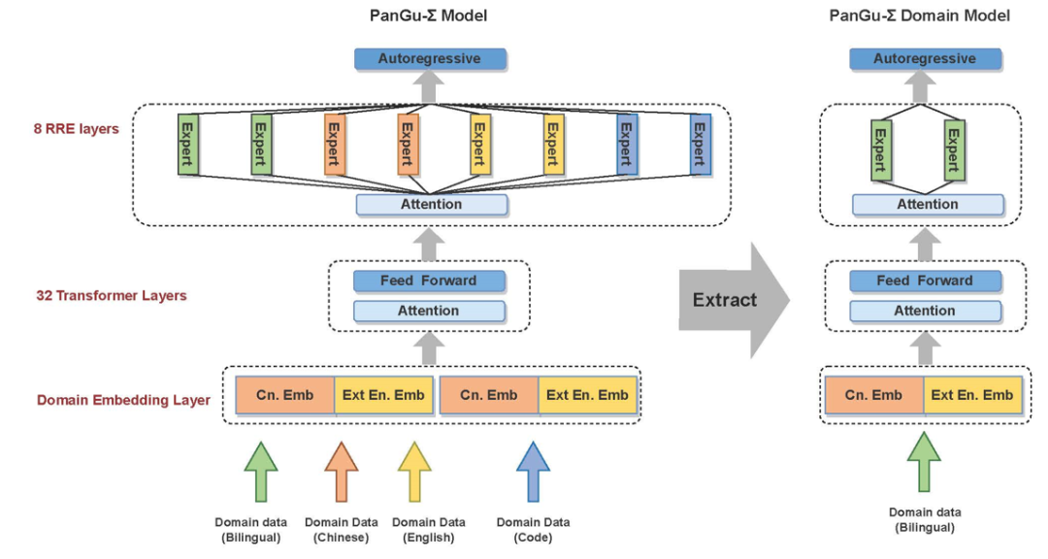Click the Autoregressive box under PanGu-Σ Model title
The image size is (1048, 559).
[429, 59]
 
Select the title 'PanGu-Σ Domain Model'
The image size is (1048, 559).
[919, 16]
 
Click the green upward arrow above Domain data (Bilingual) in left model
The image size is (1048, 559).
[260, 470]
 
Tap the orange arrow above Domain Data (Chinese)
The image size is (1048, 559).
[342, 470]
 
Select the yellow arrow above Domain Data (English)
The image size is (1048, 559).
[415, 470]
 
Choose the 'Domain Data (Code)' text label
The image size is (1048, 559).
[533, 530]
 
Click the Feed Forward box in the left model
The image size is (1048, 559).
[429, 281]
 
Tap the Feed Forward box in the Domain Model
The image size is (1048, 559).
[925, 281]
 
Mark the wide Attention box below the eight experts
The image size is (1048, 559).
[432, 205]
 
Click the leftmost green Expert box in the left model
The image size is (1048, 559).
[188, 145]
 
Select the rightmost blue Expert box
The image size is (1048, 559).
[700, 145]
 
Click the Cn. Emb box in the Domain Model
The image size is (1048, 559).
[873, 395]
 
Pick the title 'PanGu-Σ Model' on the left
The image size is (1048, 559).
[428, 16]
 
